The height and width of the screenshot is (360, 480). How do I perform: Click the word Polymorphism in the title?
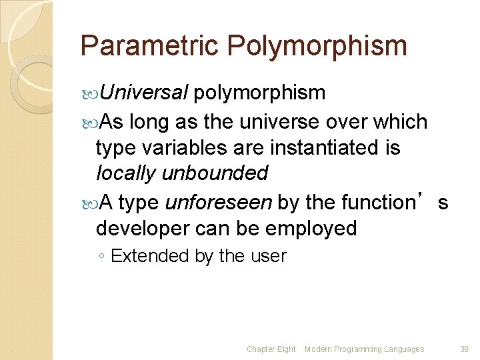pos(317,46)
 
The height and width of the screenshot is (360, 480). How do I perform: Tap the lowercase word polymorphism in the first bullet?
pos(259,93)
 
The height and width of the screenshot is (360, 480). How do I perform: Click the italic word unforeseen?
pos(219,201)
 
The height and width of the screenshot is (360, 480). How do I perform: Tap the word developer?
pos(141,228)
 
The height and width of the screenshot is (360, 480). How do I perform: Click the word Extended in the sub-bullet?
pos(151,256)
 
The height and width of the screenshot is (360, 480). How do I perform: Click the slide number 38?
pos(465,349)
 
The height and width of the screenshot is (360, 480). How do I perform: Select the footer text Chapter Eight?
pos(271,349)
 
